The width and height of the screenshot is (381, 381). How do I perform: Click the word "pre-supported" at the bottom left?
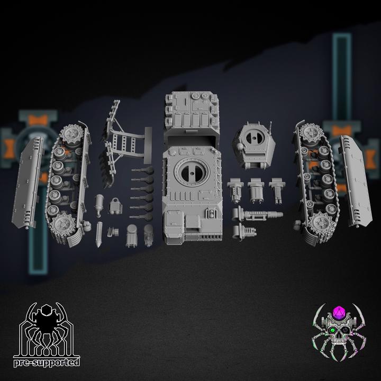[x=47, y=362]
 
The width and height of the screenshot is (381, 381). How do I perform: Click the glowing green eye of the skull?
[x=331, y=330]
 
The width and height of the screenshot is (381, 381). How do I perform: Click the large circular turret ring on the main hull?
[x=192, y=172]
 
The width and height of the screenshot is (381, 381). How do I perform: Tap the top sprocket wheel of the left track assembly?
[x=72, y=134]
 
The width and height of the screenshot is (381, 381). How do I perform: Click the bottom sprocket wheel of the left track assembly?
[x=61, y=224]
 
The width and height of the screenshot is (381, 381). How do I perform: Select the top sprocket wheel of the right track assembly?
[x=310, y=133]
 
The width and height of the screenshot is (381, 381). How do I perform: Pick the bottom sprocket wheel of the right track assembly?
[x=321, y=222]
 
